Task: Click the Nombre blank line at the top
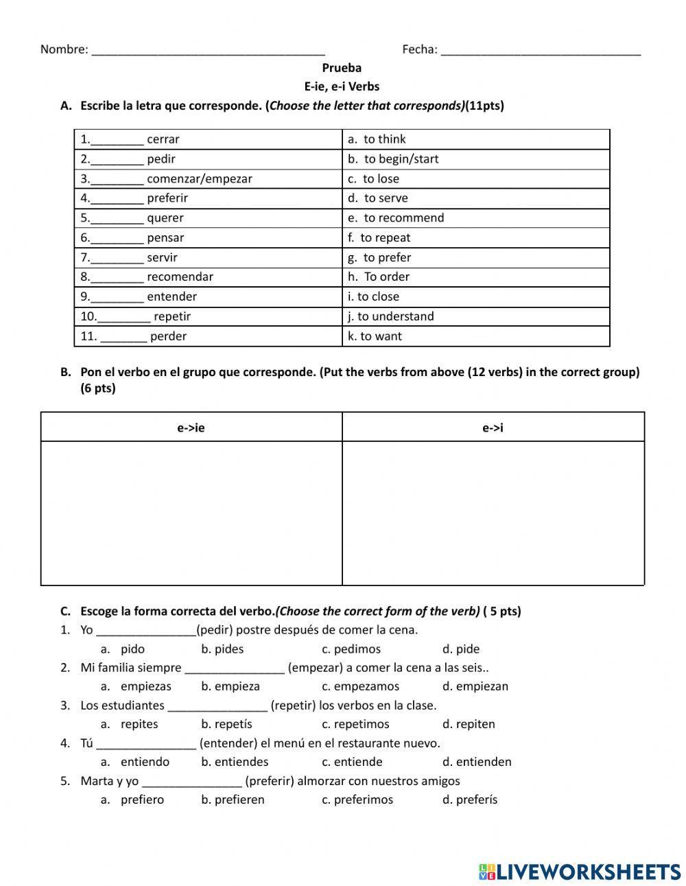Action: click(208, 50)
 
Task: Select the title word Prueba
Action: click(342, 68)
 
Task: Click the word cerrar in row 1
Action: click(163, 139)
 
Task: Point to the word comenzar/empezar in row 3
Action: click(199, 179)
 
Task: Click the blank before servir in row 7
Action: click(117, 259)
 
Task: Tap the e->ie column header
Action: click(191, 428)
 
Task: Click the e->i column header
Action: click(493, 428)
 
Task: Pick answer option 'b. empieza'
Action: click(230, 686)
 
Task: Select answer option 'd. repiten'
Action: click(469, 724)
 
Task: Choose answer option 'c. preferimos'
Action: click(357, 800)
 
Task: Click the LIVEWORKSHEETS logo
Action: click(579, 871)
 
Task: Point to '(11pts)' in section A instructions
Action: click(484, 106)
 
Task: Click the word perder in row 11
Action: click(168, 336)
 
